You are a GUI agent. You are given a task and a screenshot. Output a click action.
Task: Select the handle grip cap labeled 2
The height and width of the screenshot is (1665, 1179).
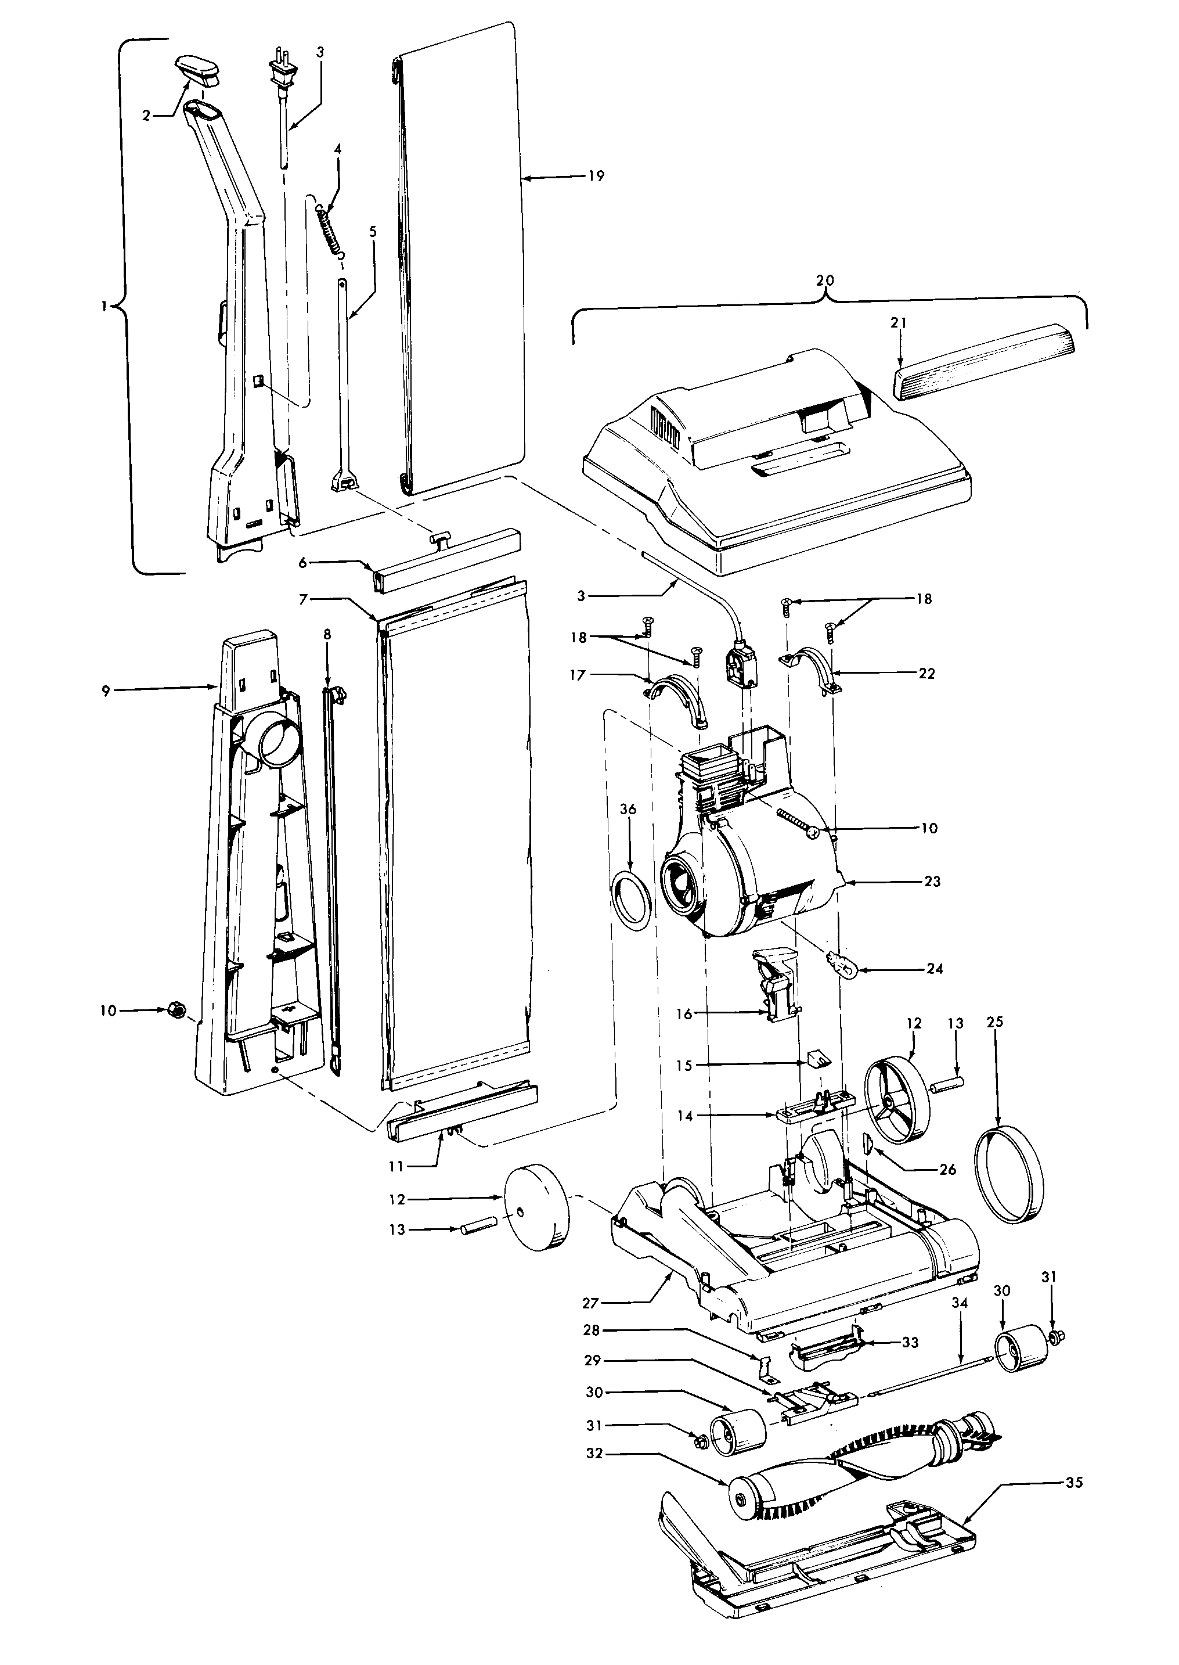[x=197, y=69]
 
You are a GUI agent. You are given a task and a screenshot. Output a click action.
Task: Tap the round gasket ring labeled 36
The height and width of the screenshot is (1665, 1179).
[x=631, y=900]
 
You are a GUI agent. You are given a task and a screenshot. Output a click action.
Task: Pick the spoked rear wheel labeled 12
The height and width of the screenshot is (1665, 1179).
[x=897, y=1106]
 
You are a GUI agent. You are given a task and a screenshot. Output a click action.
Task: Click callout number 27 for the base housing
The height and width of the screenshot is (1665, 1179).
[x=590, y=1303]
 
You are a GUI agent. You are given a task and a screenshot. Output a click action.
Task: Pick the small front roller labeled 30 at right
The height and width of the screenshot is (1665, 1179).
[x=1021, y=1348]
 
